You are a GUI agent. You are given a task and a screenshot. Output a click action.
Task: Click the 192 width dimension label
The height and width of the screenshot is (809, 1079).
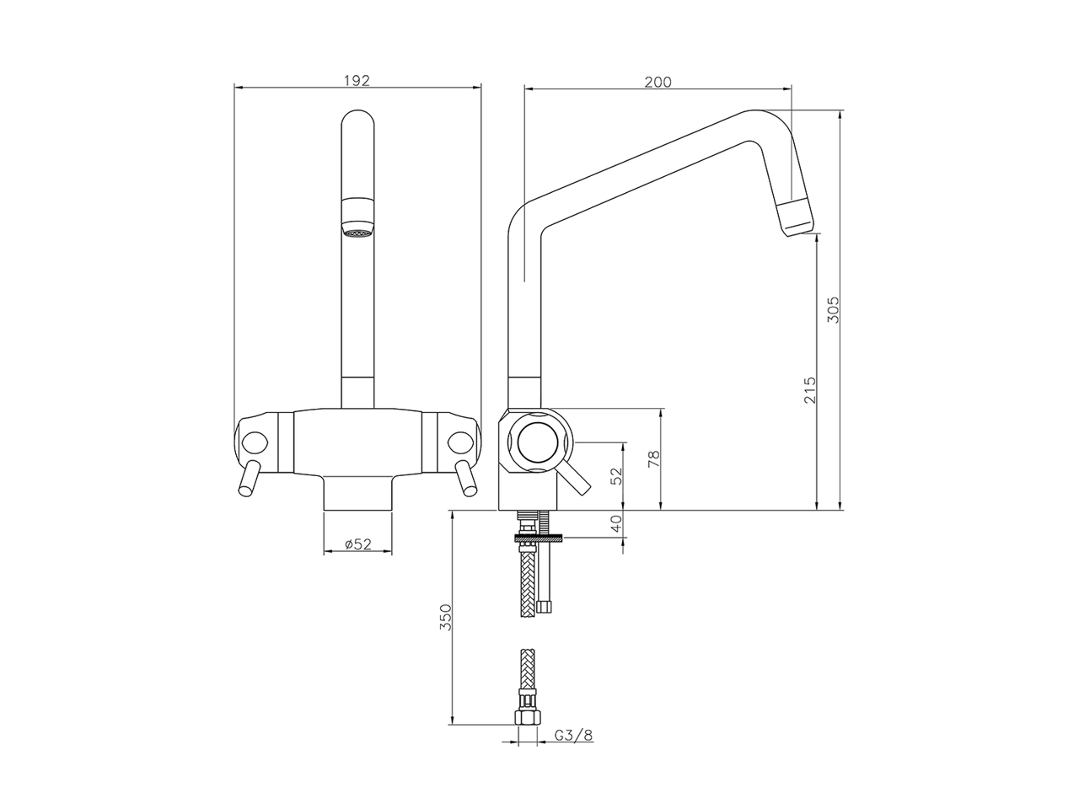357,81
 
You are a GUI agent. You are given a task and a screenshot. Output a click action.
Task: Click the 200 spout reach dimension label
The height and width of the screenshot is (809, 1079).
658,82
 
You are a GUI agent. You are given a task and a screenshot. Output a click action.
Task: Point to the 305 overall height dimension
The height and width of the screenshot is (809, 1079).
832,312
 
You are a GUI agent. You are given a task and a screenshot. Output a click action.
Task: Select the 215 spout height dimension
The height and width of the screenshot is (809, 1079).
808,389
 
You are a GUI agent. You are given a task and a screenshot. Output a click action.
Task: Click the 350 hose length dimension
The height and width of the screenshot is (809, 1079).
446,618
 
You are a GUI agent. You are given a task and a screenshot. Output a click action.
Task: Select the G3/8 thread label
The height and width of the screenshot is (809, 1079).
573,735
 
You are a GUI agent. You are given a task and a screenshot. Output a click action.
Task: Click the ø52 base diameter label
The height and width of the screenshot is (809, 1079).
358,544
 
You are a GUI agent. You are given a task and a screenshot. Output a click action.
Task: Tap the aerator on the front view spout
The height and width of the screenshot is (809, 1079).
357,229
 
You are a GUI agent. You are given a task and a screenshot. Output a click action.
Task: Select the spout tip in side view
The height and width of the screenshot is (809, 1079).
794,218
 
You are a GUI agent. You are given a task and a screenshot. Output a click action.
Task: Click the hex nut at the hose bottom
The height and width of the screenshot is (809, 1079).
528,716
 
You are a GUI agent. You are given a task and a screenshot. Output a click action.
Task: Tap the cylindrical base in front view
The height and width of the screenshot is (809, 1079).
357,493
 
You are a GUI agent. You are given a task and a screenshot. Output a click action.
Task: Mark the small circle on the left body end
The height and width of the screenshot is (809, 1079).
254,442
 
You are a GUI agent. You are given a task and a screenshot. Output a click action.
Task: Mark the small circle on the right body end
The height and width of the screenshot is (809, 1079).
460,442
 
